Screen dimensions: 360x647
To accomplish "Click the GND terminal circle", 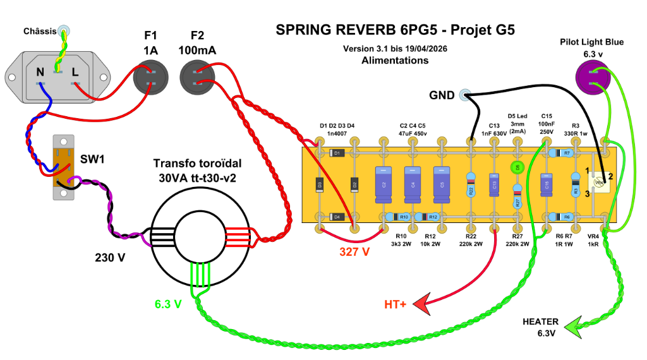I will [x=466, y=95].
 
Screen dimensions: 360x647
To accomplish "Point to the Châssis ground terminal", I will [x=64, y=30].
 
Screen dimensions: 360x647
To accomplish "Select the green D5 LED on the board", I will [x=517, y=167].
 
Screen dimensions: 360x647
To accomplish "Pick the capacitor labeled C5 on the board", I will [x=441, y=184].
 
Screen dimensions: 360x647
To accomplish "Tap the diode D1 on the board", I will [x=337, y=153].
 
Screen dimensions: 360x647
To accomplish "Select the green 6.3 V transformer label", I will [x=168, y=304].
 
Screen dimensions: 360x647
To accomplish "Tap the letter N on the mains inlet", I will [x=40, y=73].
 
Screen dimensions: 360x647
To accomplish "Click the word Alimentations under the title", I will [x=395, y=61].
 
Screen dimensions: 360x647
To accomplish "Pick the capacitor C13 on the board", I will [x=495, y=184].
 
